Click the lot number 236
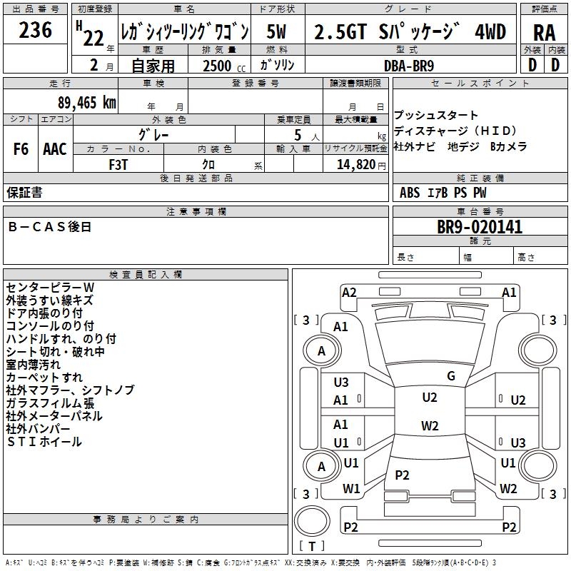(35, 31)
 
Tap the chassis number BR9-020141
(480, 228)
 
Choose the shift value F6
(21, 149)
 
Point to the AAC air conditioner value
(55, 149)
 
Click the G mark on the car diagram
(451, 376)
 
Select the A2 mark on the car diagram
(349, 293)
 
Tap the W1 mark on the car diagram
(351, 489)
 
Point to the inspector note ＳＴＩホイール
(44, 442)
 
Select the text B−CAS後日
(50, 227)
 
